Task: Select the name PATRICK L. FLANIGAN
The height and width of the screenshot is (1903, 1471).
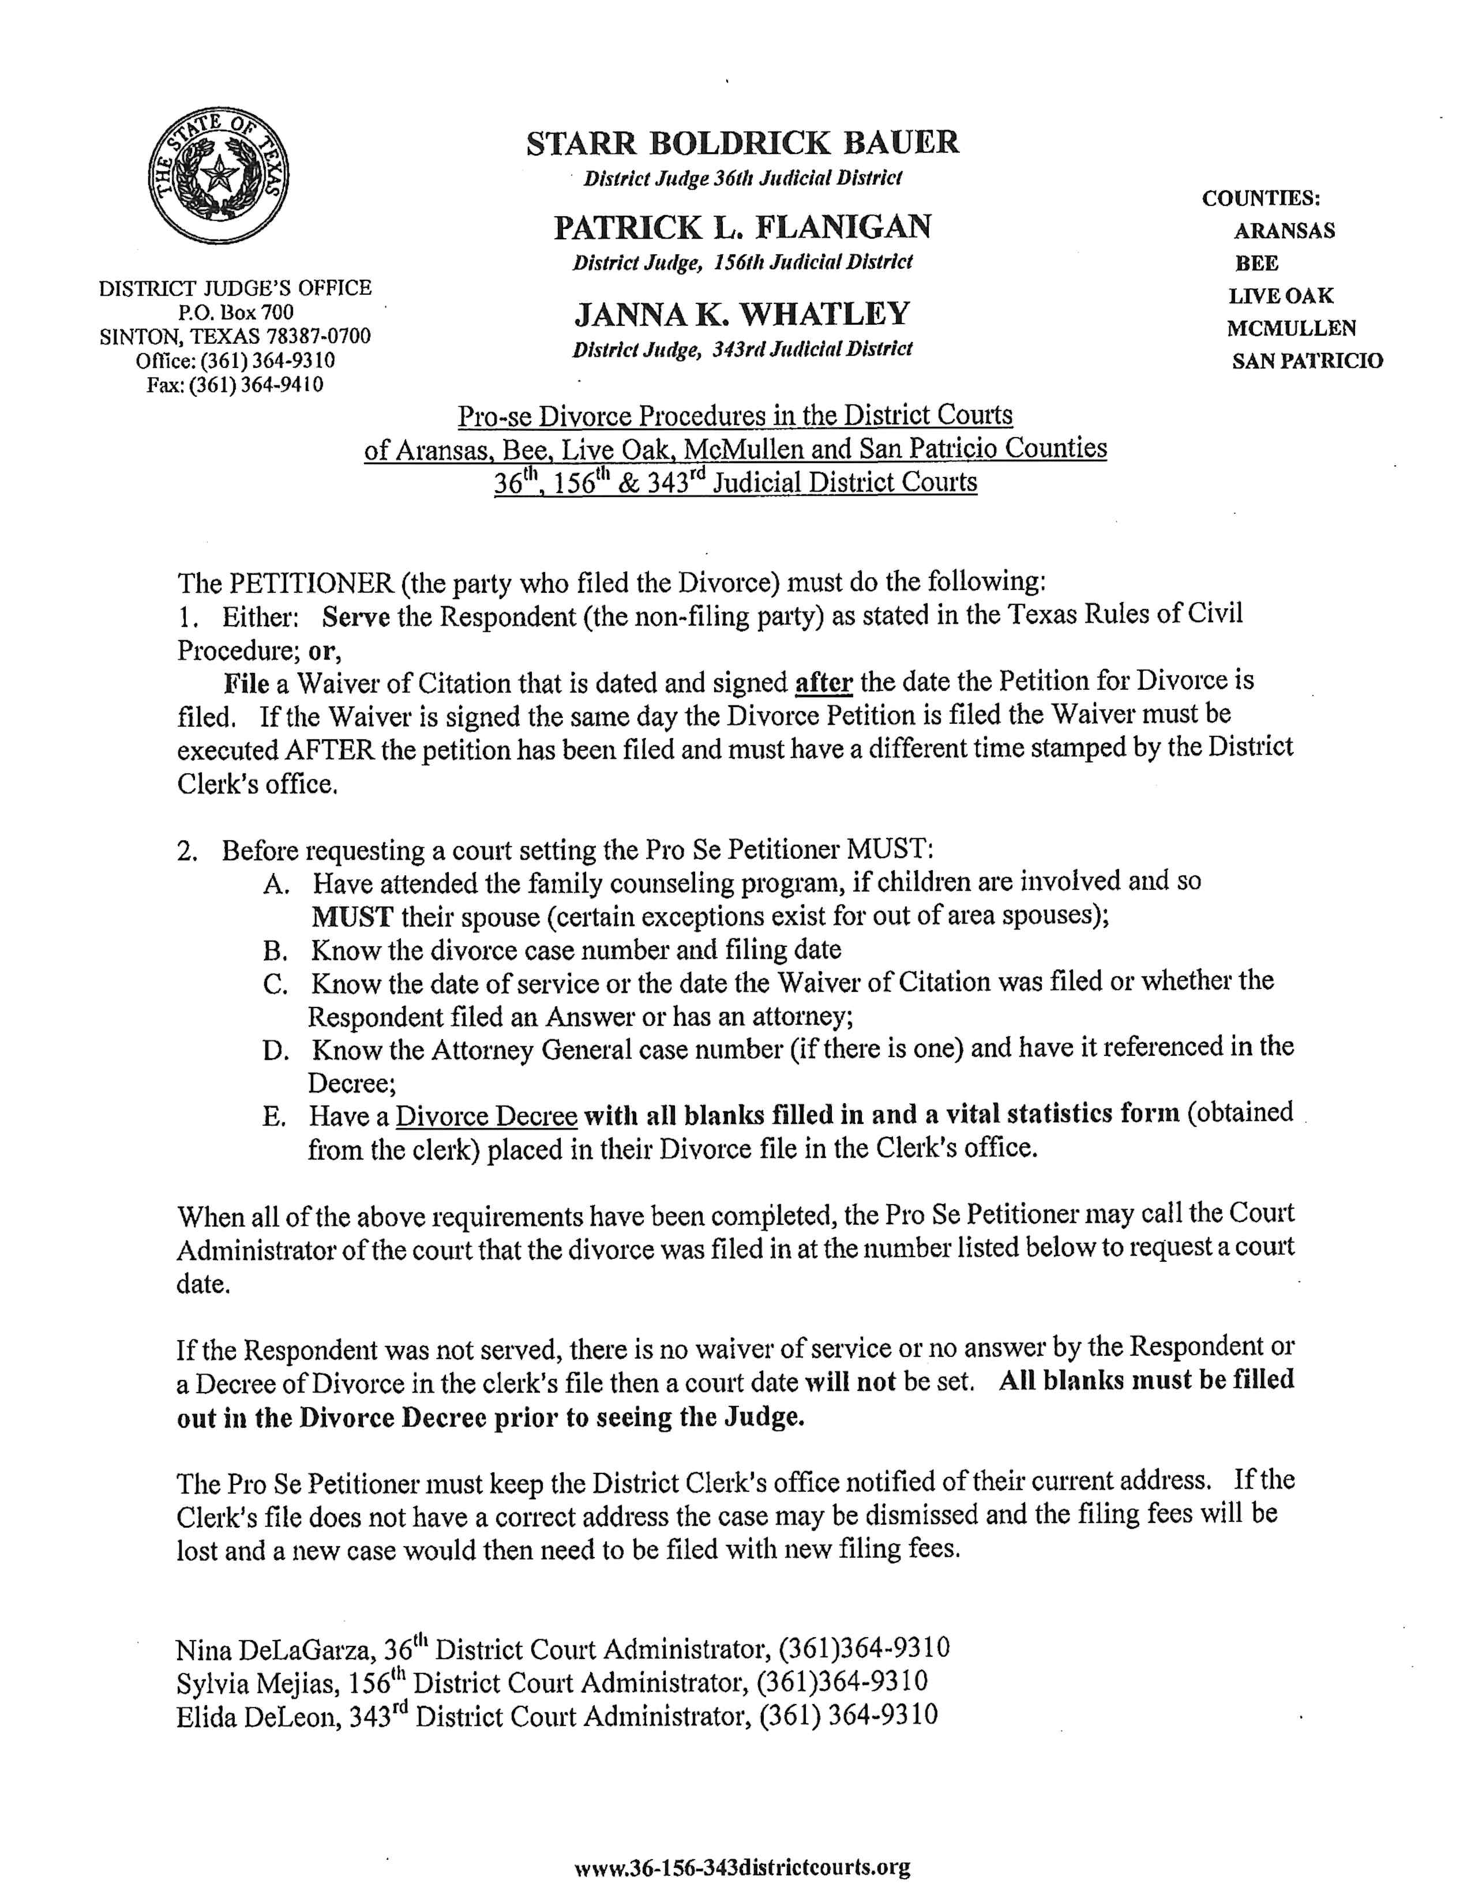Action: pos(742,227)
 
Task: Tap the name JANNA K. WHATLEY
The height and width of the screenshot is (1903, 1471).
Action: pos(742,314)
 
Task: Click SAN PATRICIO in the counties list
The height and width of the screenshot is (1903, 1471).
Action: pos(1306,361)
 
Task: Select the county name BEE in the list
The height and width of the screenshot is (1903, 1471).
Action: pos(1256,263)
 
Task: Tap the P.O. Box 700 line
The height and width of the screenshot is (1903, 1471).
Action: pos(236,312)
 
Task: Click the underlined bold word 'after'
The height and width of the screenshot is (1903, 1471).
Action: pos(824,680)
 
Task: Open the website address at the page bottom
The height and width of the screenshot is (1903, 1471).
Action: pos(742,1867)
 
